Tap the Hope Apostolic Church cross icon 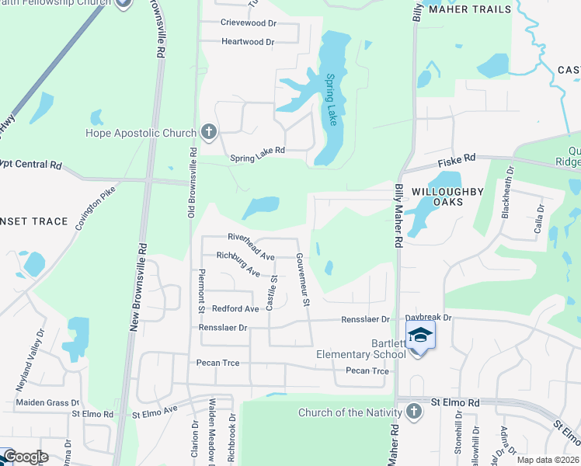pos(208,132)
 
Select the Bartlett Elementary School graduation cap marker pos(419,335)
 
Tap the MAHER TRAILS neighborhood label pos(471,9)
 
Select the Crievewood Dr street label pos(249,23)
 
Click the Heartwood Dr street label pos(248,42)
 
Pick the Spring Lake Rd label pos(258,159)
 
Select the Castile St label pos(273,291)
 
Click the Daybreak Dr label pos(428,318)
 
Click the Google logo pos(25,457)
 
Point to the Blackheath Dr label pos(507,193)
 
